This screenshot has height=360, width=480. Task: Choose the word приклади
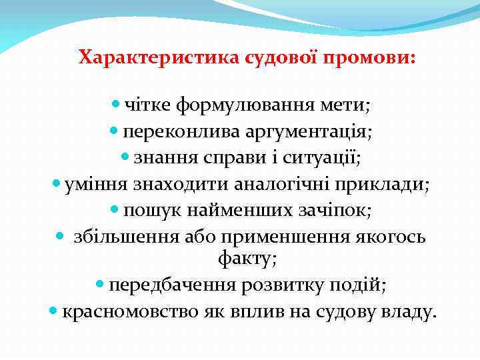(387, 185)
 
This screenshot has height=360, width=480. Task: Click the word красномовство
(127, 312)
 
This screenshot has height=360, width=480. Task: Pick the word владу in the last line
(409, 312)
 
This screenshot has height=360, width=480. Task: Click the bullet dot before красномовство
(54, 311)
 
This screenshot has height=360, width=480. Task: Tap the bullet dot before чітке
(116, 105)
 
